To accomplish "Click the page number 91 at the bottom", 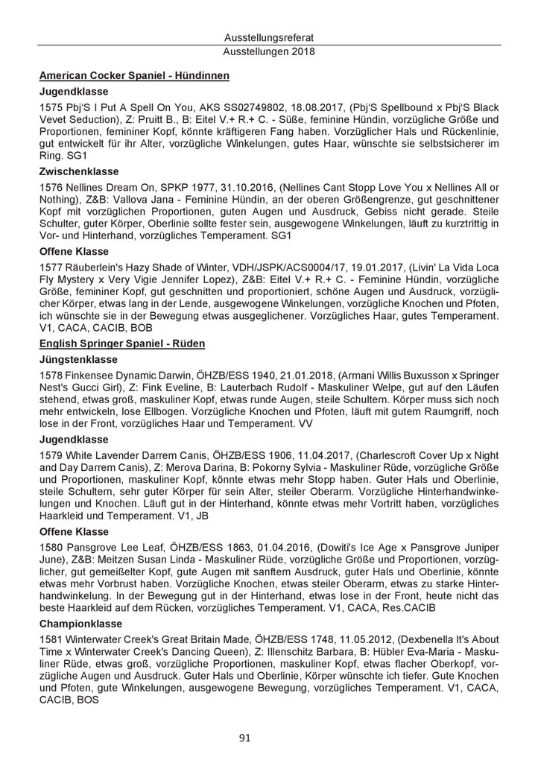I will tap(269, 738).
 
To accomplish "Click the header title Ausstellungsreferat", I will tap(269, 39).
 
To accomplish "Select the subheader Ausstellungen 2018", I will tap(269, 52).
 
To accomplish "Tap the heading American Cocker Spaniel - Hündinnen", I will tap(134, 75).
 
